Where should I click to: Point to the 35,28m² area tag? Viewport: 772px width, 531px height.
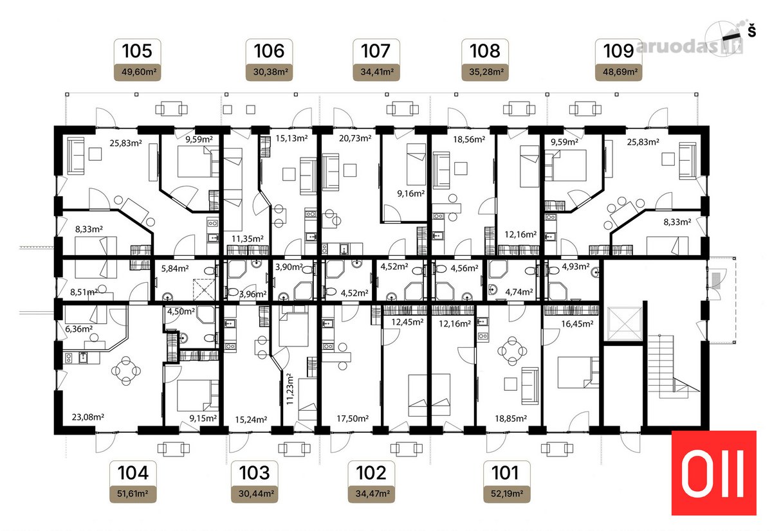[485, 72]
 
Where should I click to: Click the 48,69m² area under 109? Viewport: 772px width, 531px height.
[619, 72]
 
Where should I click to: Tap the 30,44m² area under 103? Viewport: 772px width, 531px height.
[254, 494]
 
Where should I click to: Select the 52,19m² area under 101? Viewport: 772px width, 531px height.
[507, 494]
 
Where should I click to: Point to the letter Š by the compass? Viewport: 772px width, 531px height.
[751, 31]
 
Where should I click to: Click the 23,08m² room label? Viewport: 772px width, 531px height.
[88, 417]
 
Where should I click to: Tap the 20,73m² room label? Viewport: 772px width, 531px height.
[355, 138]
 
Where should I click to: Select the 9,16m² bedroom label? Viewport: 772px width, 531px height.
[410, 194]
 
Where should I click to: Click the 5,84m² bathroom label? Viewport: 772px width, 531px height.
[175, 269]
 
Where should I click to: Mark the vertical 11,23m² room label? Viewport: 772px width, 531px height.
[290, 389]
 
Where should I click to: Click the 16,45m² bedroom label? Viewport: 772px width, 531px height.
[577, 324]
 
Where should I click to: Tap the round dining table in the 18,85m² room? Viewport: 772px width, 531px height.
[512, 351]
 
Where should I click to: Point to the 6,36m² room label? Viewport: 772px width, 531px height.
[78, 329]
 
